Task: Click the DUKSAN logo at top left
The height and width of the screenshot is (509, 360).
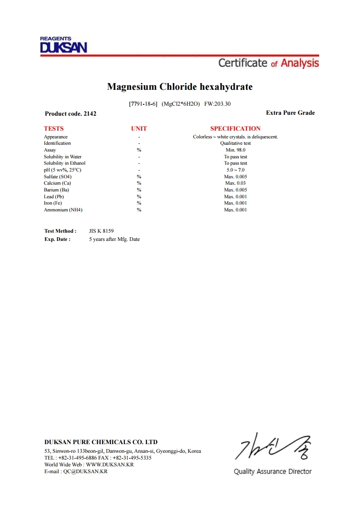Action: (63, 45)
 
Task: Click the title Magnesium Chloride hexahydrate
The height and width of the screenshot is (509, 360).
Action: (180, 87)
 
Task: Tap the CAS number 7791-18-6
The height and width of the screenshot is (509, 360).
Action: (143, 104)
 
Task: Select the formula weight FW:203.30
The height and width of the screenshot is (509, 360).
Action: (217, 104)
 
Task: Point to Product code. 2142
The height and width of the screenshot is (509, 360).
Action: (70, 114)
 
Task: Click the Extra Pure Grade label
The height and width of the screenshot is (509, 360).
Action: (290, 113)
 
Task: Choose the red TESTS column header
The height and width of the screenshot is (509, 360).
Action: (54, 128)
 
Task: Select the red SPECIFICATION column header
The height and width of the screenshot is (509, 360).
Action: (235, 128)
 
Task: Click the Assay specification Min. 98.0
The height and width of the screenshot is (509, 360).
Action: (235, 150)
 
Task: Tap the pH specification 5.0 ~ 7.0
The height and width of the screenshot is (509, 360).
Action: (235, 170)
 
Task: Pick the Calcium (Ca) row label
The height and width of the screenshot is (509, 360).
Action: (57, 183)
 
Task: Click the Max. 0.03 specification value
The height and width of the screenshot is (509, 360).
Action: (235, 183)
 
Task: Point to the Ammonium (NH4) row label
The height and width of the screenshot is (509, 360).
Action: (63, 210)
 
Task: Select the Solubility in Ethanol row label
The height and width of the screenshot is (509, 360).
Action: (64, 163)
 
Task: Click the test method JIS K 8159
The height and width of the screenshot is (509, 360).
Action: (104, 231)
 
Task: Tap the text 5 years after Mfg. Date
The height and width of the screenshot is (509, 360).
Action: (114, 239)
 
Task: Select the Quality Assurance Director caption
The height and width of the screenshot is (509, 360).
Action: (272, 472)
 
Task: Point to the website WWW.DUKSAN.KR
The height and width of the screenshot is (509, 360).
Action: (109, 465)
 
